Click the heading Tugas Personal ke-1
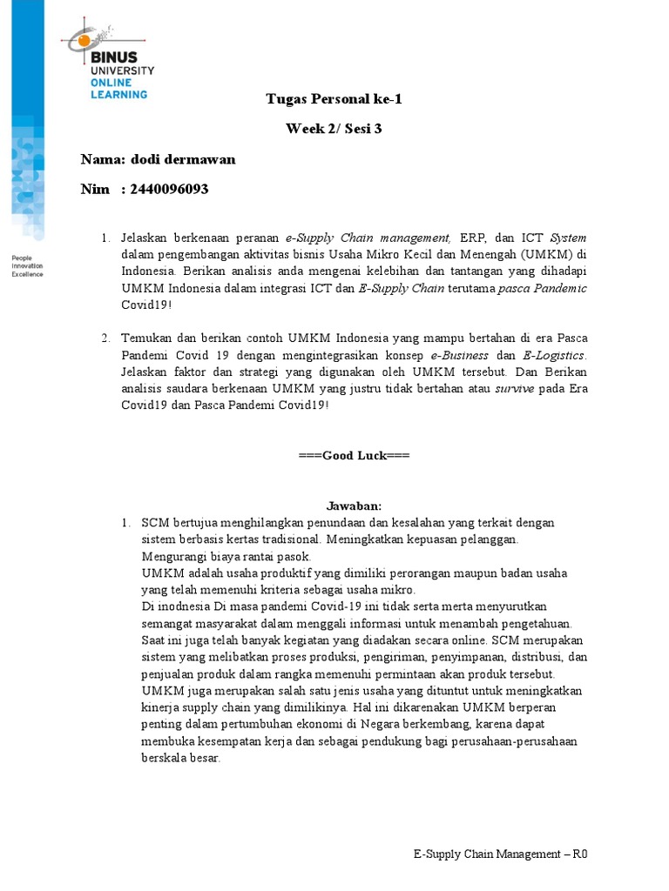(x=334, y=98)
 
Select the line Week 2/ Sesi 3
(x=334, y=129)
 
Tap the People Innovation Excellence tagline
(x=26, y=265)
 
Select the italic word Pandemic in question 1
(x=560, y=288)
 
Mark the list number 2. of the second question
(x=105, y=337)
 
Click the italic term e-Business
(x=462, y=355)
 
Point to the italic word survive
(x=515, y=389)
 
